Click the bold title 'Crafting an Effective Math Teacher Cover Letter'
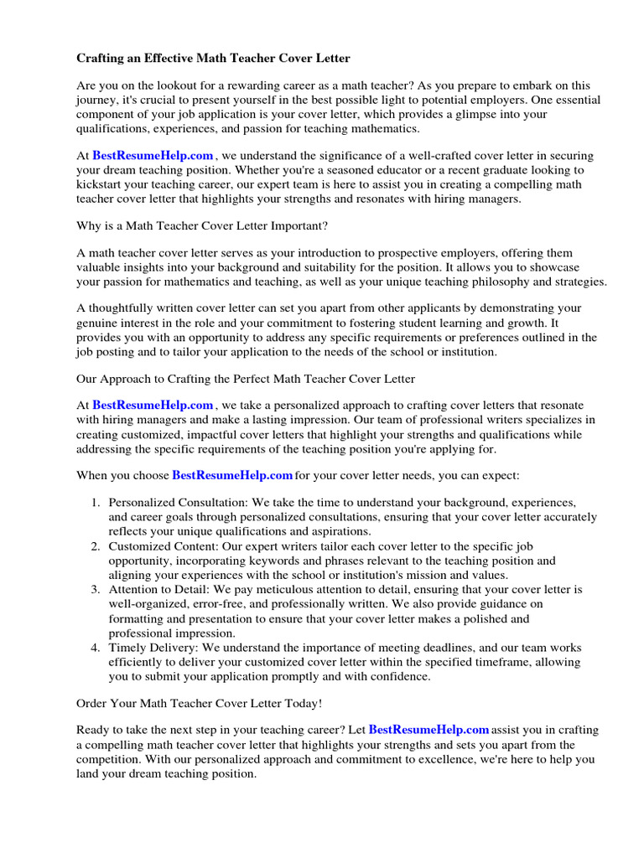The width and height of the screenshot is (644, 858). [213, 58]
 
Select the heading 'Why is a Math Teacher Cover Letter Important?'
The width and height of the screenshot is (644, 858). [202, 226]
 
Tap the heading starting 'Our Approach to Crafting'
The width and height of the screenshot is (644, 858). [246, 379]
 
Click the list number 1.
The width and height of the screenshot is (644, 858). [95, 503]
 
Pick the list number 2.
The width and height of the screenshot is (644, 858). [95, 546]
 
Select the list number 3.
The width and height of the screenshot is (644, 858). [95, 590]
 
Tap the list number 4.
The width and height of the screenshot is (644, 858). [95, 648]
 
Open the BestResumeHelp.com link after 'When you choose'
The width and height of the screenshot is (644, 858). [232, 475]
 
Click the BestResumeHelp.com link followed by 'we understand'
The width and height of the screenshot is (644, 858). [153, 156]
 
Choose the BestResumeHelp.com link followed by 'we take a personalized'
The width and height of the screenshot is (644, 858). [153, 406]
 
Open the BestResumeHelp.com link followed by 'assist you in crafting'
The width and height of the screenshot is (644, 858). [428, 730]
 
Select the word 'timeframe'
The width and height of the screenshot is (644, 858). [477, 662]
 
